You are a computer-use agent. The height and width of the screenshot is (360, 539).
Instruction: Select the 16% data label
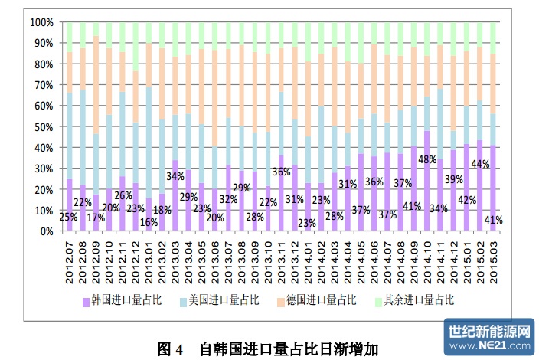[x=148, y=222]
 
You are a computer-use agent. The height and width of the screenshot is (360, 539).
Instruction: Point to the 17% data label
[x=96, y=218]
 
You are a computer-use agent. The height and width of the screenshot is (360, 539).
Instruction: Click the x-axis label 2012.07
[x=69, y=258]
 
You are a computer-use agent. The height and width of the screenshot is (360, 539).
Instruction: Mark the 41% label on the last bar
[x=494, y=220]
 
